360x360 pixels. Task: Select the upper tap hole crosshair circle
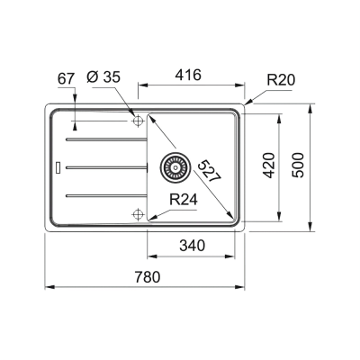coord(137,120)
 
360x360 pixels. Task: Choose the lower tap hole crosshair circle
coord(137,213)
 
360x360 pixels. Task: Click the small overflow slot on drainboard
coord(58,166)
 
